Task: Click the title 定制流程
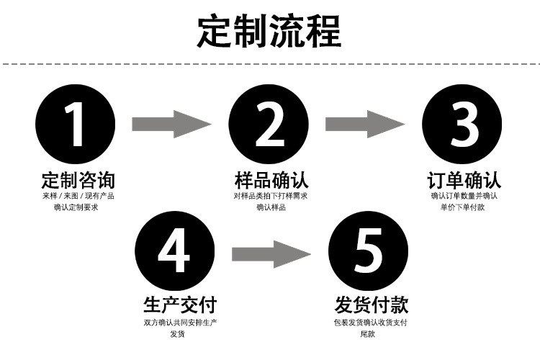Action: [269, 32]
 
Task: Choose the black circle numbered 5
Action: [367, 250]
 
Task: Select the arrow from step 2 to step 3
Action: [365, 125]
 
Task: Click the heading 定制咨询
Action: [78, 179]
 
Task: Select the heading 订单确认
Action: [464, 179]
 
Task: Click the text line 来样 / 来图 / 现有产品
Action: [78, 196]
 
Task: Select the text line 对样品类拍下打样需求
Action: [271, 196]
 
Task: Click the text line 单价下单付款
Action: [463, 208]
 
